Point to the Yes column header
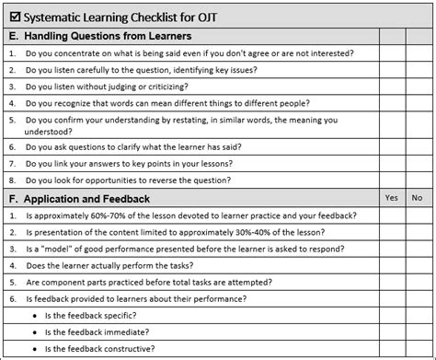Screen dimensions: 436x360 point(391,198)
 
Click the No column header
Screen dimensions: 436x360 point(417,198)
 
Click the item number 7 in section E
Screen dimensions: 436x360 point(11,164)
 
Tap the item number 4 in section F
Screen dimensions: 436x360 point(11,266)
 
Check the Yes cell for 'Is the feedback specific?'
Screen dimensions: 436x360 point(391,316)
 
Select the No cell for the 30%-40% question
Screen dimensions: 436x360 point(417,233)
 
